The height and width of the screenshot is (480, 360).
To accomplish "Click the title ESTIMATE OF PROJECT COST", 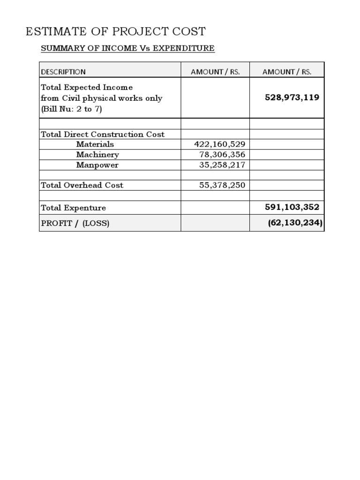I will click(115, 32).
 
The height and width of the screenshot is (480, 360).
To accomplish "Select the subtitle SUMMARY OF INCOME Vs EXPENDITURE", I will click(127, 48).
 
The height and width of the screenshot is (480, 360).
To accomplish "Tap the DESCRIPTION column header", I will click(63, 72).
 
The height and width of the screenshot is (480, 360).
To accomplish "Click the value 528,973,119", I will click(292, 97).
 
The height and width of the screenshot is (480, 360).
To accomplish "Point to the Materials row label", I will click(95, 144).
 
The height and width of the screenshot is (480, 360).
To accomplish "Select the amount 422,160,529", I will click(219, 144).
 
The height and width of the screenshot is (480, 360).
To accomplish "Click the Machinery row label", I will click(97, 155).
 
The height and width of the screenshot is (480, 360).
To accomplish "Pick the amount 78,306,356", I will click(222, 155).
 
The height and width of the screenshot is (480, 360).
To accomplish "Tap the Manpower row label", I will click(97, 165).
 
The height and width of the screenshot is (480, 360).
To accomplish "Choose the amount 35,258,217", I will click(222, 165).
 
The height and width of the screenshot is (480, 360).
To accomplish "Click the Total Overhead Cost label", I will click(82, 185).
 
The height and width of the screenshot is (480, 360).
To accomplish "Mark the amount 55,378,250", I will click(222, 185).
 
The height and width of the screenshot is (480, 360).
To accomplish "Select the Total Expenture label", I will click(74, 208).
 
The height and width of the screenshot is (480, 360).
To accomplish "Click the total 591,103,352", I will click(292, 207).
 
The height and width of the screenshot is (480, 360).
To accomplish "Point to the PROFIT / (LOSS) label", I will click(75, 223).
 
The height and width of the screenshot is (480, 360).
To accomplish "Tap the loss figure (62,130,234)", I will click(295, 223).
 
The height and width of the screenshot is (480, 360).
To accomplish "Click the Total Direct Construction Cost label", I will click(103, 135).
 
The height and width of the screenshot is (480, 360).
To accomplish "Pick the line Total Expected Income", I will click(87, 88).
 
